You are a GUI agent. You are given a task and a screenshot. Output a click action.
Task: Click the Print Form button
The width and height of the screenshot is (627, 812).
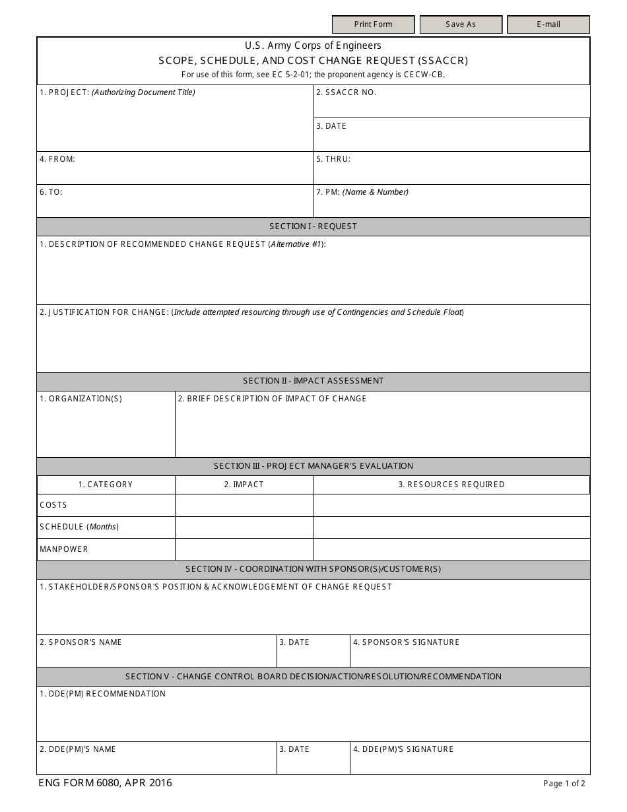pos(373,24)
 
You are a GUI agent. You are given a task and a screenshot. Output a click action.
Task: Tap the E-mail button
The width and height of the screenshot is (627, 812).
pos(548,24)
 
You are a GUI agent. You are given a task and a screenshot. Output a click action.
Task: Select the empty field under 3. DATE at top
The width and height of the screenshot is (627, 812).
pos(451,140)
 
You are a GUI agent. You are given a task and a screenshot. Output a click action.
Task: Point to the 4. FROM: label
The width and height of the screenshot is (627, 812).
pos(57,159)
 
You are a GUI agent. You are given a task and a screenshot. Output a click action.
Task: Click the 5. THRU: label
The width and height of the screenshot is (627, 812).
pos(333,159)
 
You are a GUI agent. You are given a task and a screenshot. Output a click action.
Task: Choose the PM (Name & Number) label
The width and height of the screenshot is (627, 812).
pos(362,192)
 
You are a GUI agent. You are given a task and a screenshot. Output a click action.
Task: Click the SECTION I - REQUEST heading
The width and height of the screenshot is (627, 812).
pos(313,226)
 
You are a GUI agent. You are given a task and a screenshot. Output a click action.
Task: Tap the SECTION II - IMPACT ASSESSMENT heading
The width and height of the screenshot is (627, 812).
pos(313,381)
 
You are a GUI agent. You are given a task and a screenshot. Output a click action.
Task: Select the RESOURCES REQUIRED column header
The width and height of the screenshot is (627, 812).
pos(451,485)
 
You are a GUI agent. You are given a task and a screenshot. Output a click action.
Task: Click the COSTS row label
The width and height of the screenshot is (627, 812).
pos(53,505)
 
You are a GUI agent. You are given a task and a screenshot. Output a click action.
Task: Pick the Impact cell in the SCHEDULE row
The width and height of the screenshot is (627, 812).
pos(244,527)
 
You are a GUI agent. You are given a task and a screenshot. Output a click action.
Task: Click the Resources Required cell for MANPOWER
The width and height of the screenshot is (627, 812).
pos(451,549)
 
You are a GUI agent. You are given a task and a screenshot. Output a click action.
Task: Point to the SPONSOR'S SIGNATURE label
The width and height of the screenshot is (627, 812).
pos(406,642)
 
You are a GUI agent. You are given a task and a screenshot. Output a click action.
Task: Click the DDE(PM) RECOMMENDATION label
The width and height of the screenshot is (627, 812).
pos(102,694)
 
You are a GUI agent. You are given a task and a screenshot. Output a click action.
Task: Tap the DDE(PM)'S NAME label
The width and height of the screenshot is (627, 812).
pos(77,749)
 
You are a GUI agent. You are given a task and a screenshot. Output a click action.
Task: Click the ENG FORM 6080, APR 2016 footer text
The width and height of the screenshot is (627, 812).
pos(105,783)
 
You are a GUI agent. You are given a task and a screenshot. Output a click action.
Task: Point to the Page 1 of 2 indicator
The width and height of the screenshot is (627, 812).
pos(564,784)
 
